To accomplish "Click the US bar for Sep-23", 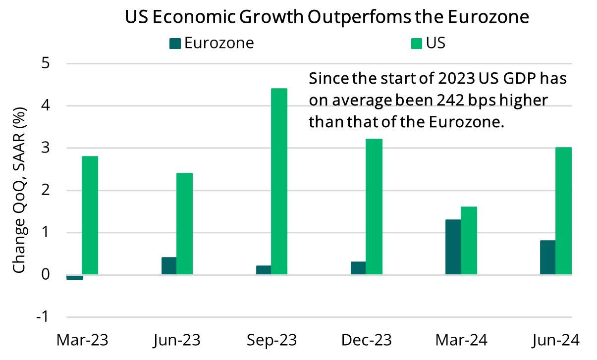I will [x=279, y=181].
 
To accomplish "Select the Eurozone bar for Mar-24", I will [x=453, y=247].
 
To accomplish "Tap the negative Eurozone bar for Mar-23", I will [x=74, y=277].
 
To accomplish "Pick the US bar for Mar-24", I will [x=469, y=241].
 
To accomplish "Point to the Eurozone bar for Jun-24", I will [x=547, y=257].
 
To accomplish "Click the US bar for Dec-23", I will [x=374, y=206].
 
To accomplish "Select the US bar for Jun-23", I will [x=184, y=224].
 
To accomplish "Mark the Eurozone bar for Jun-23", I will [x=169, y=266].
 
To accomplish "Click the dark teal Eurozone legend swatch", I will [x=175, y=44].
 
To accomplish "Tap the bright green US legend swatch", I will [x=417, y=44].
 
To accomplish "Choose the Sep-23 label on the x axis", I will [x=271, y=341].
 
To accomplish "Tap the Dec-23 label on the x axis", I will [x=366, y=341].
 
